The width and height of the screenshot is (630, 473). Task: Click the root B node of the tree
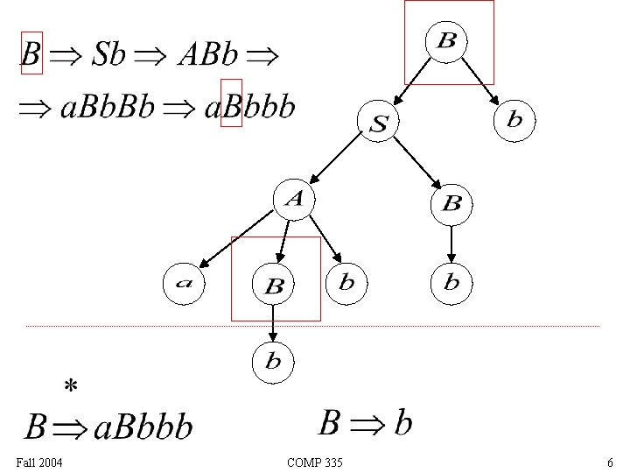(446, 41)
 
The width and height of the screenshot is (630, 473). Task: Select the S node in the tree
(378, 124)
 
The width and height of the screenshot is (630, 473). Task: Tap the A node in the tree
(294, 200)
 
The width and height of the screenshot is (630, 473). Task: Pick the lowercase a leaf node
(185, 283)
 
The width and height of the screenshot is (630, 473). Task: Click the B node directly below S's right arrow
(451, 204)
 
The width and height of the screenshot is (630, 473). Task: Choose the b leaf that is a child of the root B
(514, 119)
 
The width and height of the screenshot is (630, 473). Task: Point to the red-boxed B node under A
(274, 286)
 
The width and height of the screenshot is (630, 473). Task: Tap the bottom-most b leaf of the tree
(273, 362)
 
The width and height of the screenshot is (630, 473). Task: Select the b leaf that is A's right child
(346, 282)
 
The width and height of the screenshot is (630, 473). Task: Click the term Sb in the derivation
(109, 55)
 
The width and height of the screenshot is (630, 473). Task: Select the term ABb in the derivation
(207, 55)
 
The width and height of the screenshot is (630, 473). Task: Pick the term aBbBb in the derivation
(108, 108)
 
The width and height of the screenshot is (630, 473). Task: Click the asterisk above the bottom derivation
(71, 386)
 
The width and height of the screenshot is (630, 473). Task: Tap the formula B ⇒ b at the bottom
(365, 424)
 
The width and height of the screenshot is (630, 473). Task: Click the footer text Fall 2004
(39, 462)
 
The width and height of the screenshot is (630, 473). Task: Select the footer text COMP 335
(315, 462)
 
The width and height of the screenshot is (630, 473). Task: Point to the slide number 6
(610, 462)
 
